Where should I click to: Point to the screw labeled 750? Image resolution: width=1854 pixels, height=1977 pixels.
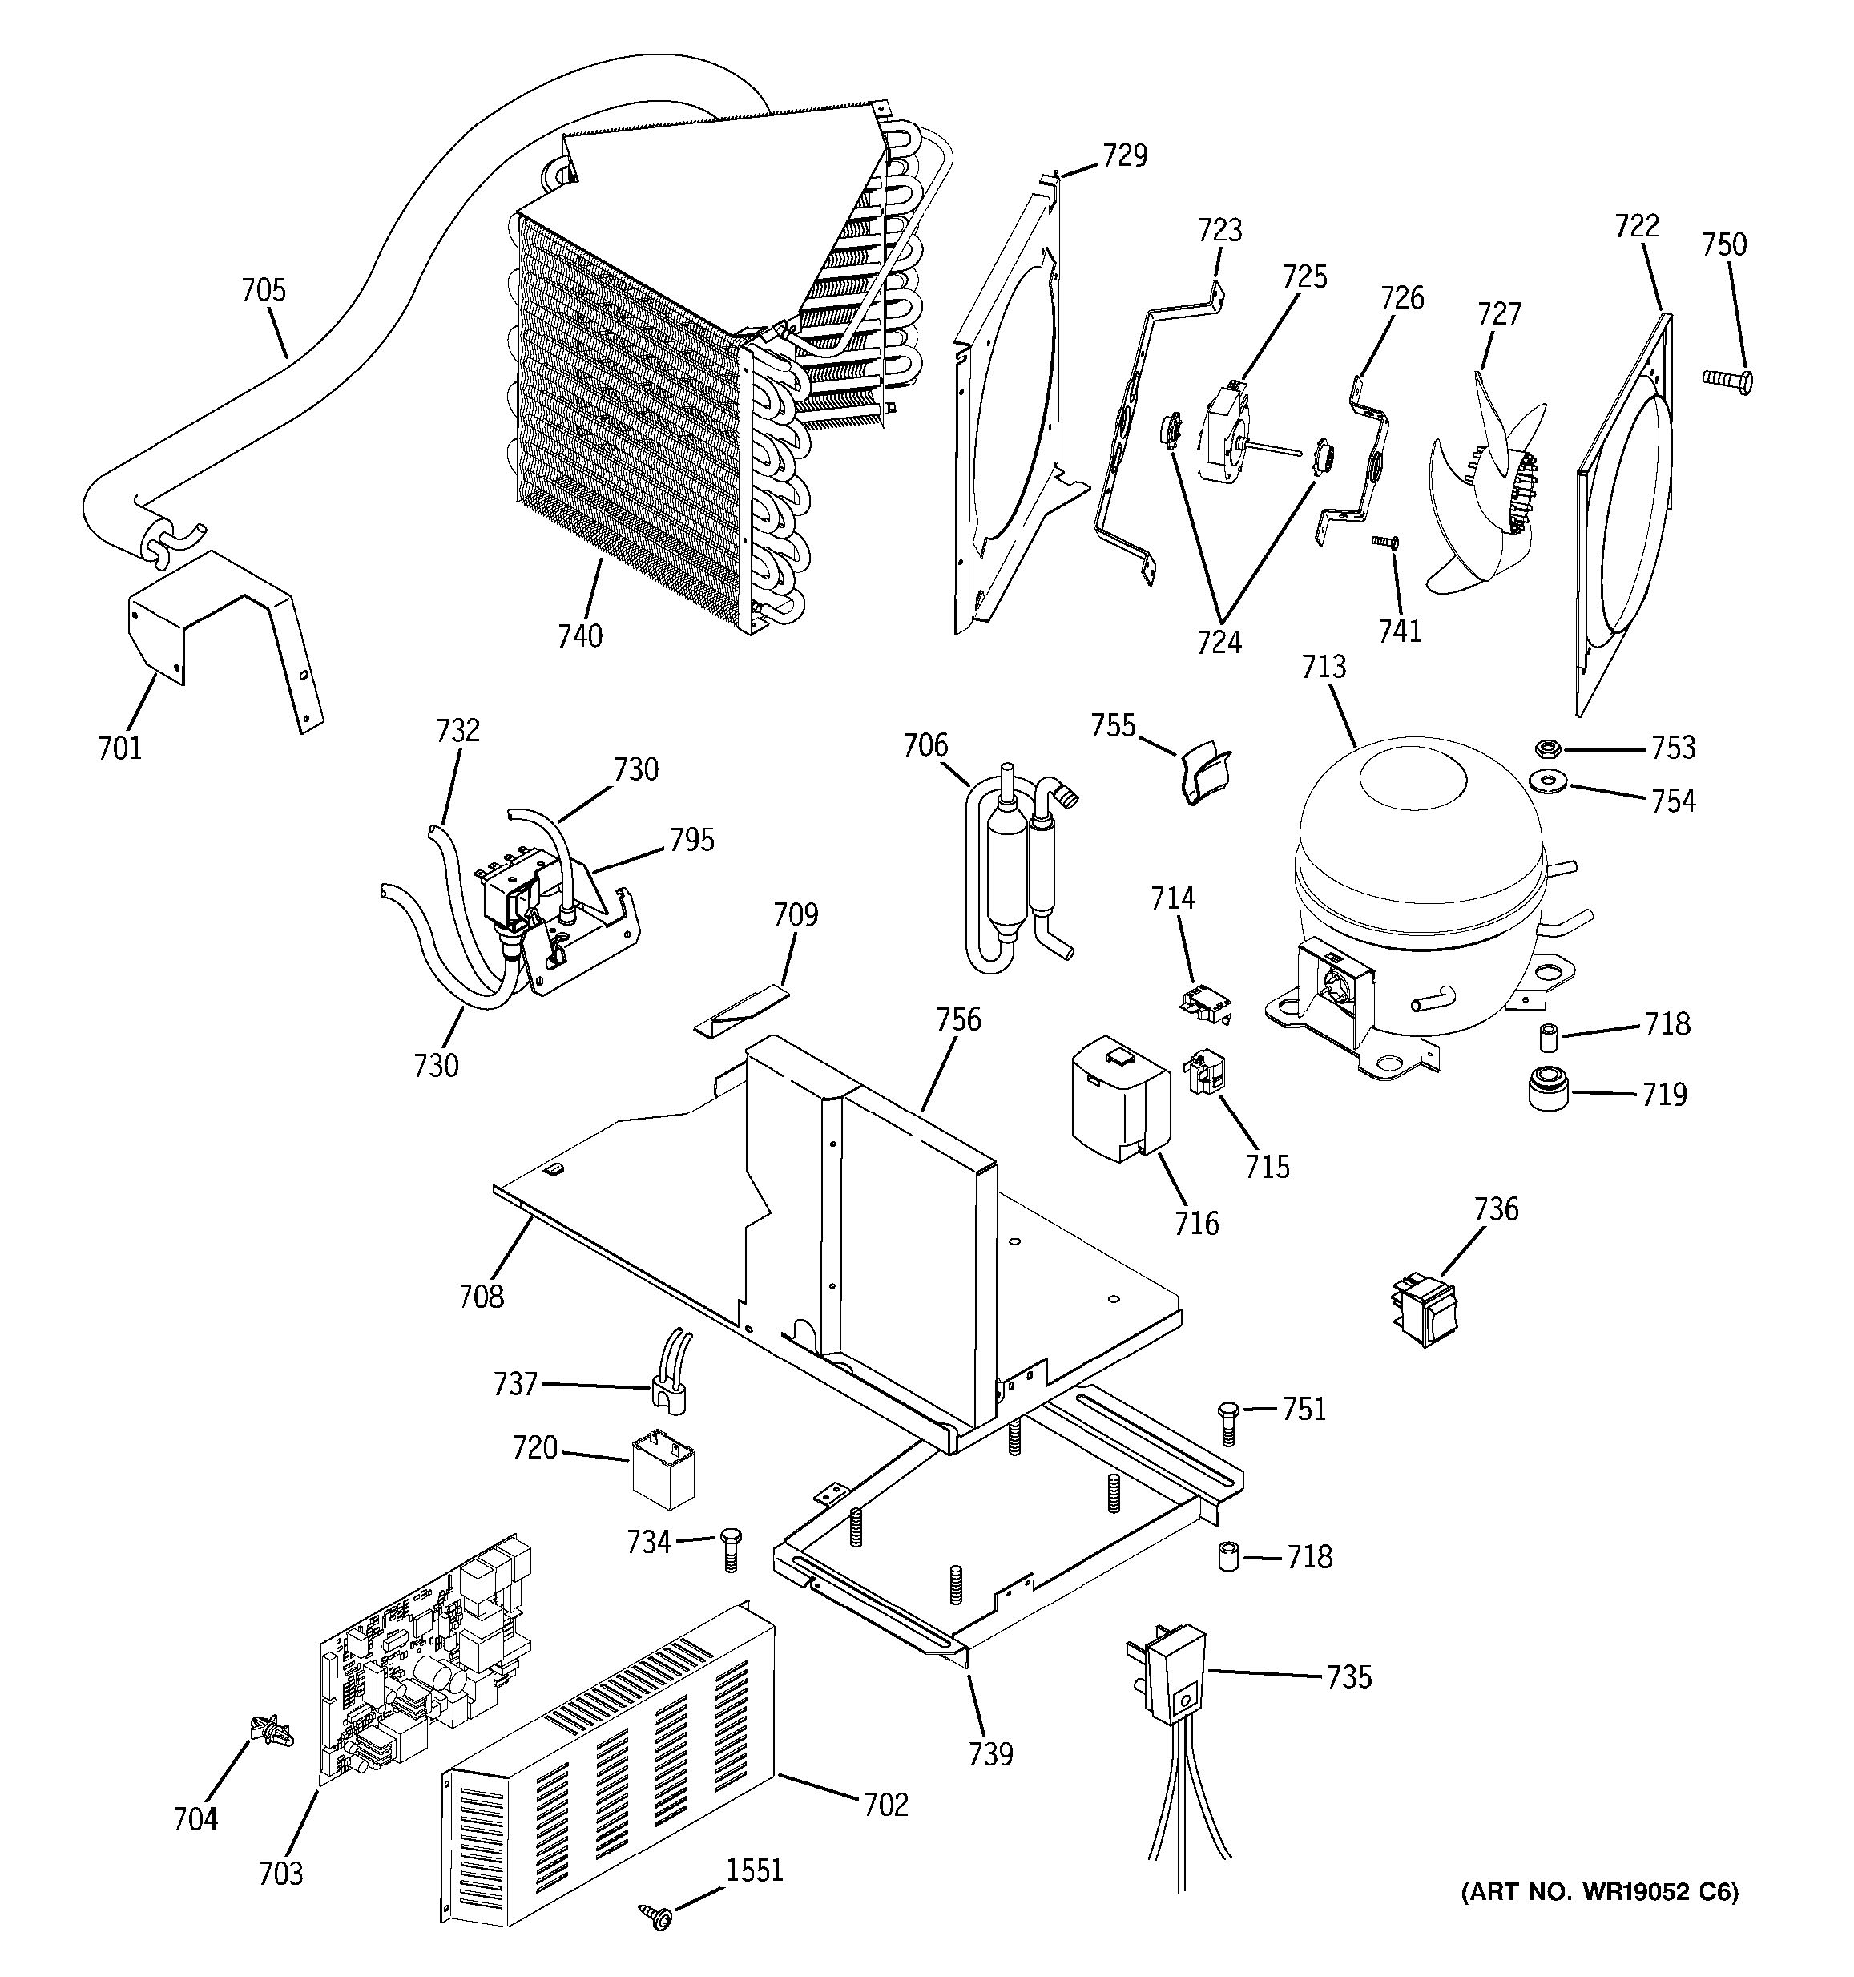(1727, 378)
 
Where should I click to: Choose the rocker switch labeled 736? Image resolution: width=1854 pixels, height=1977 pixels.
(1424, 1309)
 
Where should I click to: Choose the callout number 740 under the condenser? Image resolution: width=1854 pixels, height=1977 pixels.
(579, 635)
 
